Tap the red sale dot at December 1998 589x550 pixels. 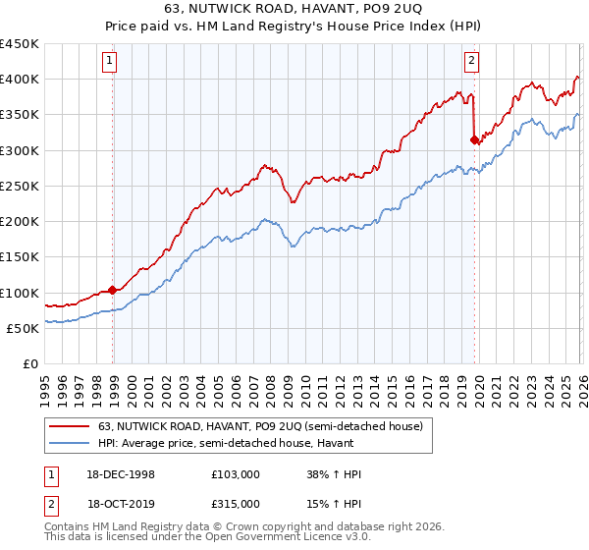(113, 290)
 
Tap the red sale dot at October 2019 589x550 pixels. (474, 139)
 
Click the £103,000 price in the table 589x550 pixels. (235, 474)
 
